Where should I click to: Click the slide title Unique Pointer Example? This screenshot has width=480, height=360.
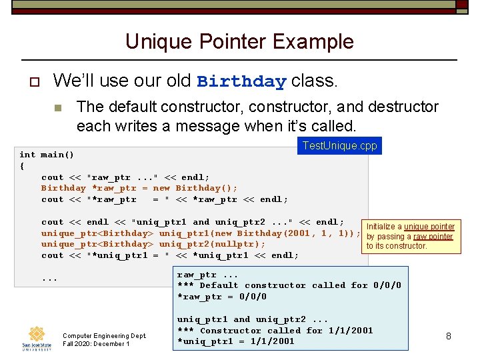click(x=239, y=41)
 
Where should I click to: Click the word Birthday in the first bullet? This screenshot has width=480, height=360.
click(x=241, y=82)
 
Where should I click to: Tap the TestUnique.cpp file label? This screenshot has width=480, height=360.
click(x=339, y=145)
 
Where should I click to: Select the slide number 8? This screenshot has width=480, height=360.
click(x=449, y=336)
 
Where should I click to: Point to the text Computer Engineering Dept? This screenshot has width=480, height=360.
click(x=104, y=335)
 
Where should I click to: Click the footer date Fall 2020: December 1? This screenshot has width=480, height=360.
click(x=96, y=344)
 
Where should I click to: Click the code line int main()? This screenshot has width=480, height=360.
click(x=47, y=155)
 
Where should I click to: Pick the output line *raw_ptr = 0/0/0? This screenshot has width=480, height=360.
click(x=222, y=297)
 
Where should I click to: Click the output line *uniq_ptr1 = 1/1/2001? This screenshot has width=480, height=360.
click(x=235, y=341)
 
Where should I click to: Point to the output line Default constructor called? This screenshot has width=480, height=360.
click(x=289, y=285)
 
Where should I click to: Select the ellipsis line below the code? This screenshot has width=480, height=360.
click(x=49, y=279)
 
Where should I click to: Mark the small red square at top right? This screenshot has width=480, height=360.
click(x=461, y=5)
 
